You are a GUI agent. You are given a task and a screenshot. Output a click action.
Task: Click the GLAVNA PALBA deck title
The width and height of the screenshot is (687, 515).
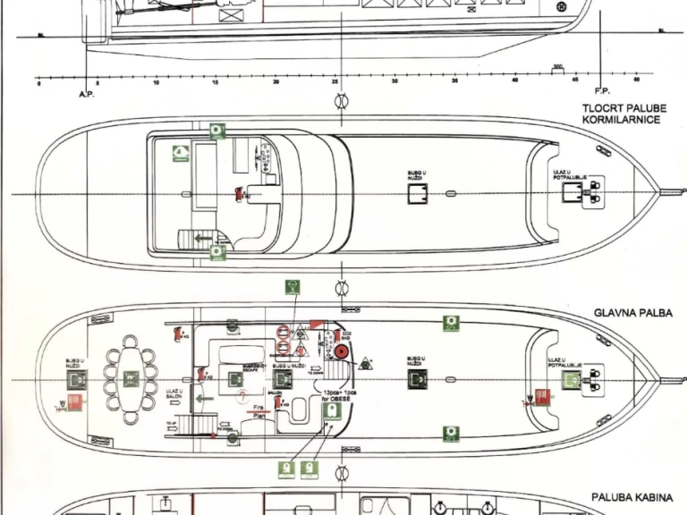(632, 314)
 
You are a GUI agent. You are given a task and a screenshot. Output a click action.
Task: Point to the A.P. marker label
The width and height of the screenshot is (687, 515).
(87, 93)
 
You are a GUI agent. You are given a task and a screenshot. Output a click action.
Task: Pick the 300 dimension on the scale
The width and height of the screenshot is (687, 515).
(558, 67)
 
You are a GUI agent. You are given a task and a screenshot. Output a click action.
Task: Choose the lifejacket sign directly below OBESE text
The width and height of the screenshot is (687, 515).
(330, 411)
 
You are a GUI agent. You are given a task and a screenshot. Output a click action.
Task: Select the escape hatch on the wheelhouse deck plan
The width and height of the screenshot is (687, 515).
(418, 193)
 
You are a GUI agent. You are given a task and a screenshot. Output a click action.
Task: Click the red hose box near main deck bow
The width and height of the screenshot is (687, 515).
(540, 394)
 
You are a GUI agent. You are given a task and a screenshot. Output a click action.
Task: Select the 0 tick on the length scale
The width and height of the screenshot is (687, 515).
(38, 82)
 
